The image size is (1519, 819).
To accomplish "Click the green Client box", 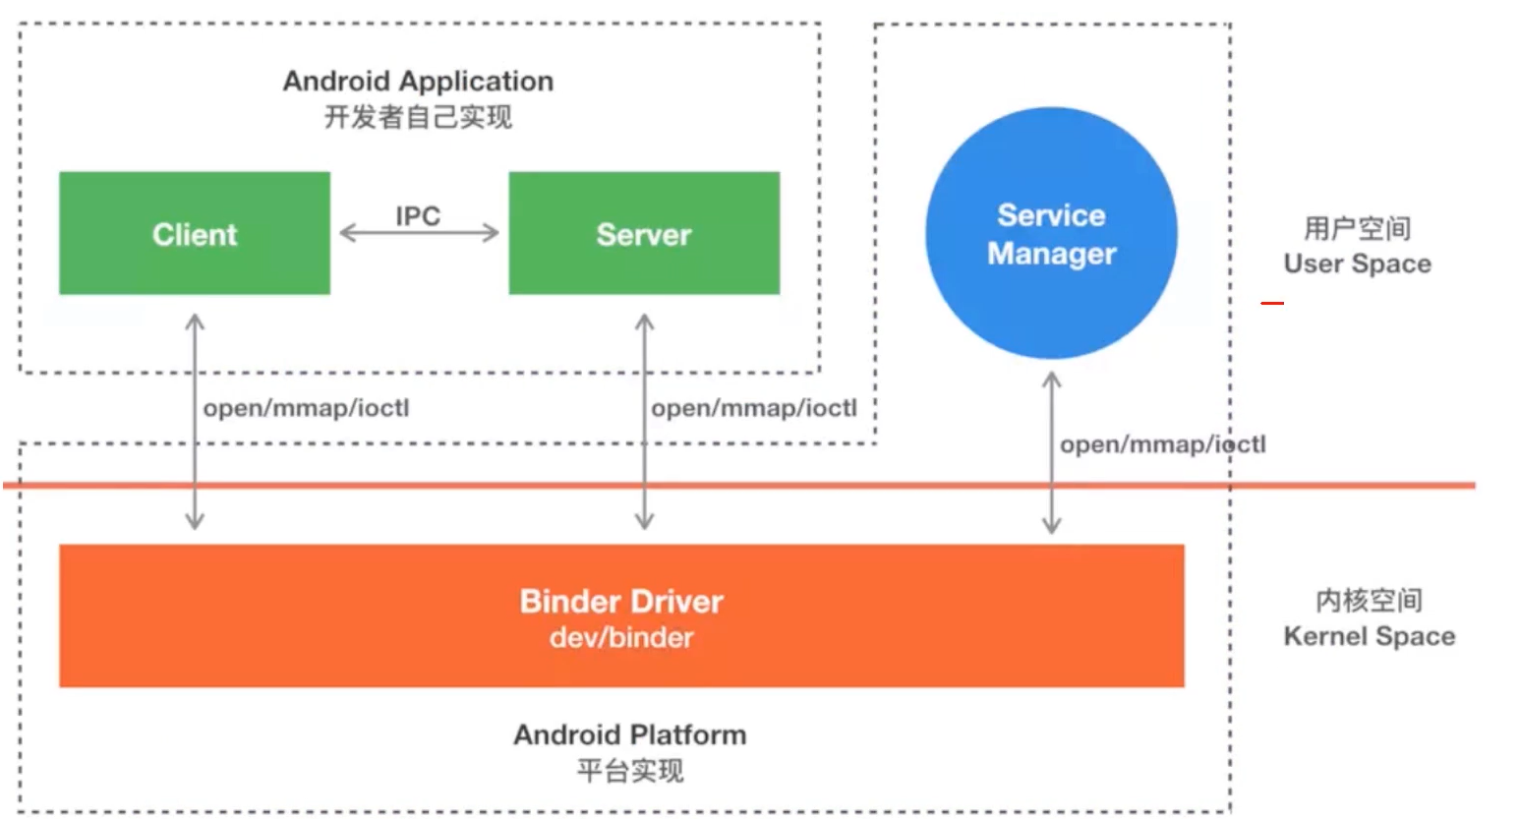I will pos(195,233).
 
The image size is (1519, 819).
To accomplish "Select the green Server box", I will pos(644,233).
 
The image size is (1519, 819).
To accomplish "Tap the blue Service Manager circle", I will pos(1051,233).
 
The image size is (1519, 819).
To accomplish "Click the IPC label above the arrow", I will pos(418,215).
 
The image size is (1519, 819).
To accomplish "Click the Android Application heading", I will pos(418,81).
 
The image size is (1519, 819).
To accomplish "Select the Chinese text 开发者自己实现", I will pos(418,118).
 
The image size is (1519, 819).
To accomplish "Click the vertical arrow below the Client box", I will pos(195,422).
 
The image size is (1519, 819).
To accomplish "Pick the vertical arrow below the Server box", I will pos(644,422).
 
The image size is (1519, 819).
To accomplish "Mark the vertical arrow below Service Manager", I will pos(1051,452).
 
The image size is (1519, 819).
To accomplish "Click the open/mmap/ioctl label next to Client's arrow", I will pos(306,408).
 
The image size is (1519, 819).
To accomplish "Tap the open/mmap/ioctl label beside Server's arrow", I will pos(754,408).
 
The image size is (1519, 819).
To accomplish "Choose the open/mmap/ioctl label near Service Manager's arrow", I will pos(1162,444).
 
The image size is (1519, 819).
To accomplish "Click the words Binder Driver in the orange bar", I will pos(621,601).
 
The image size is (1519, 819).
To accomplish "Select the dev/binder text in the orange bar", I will pos(621,637).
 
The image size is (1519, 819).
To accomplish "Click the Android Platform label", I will pos(629,734).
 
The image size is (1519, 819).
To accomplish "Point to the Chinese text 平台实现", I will pos(629,771).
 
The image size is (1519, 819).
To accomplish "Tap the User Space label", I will pos(1357,263).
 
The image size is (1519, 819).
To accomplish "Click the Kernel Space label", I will pos(1369,636).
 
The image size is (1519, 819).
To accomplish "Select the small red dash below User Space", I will pos(1272,303).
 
